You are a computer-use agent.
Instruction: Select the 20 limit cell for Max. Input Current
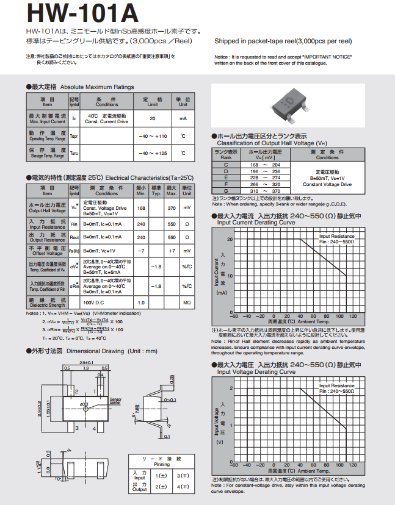pos(152,118)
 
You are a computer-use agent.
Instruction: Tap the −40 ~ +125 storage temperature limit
pos(152,153)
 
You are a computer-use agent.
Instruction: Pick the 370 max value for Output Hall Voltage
pos(172,208)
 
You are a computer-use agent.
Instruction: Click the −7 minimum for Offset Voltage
pos(141,251)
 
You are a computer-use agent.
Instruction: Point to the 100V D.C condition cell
pos(93,303)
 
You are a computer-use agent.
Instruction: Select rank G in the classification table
pos(226,191)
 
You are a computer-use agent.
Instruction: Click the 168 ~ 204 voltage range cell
pos(265,165)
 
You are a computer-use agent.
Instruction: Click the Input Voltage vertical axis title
pos(216,421)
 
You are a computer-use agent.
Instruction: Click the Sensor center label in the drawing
pos(115,401)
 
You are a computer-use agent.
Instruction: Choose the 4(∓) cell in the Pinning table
pos(183,486)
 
